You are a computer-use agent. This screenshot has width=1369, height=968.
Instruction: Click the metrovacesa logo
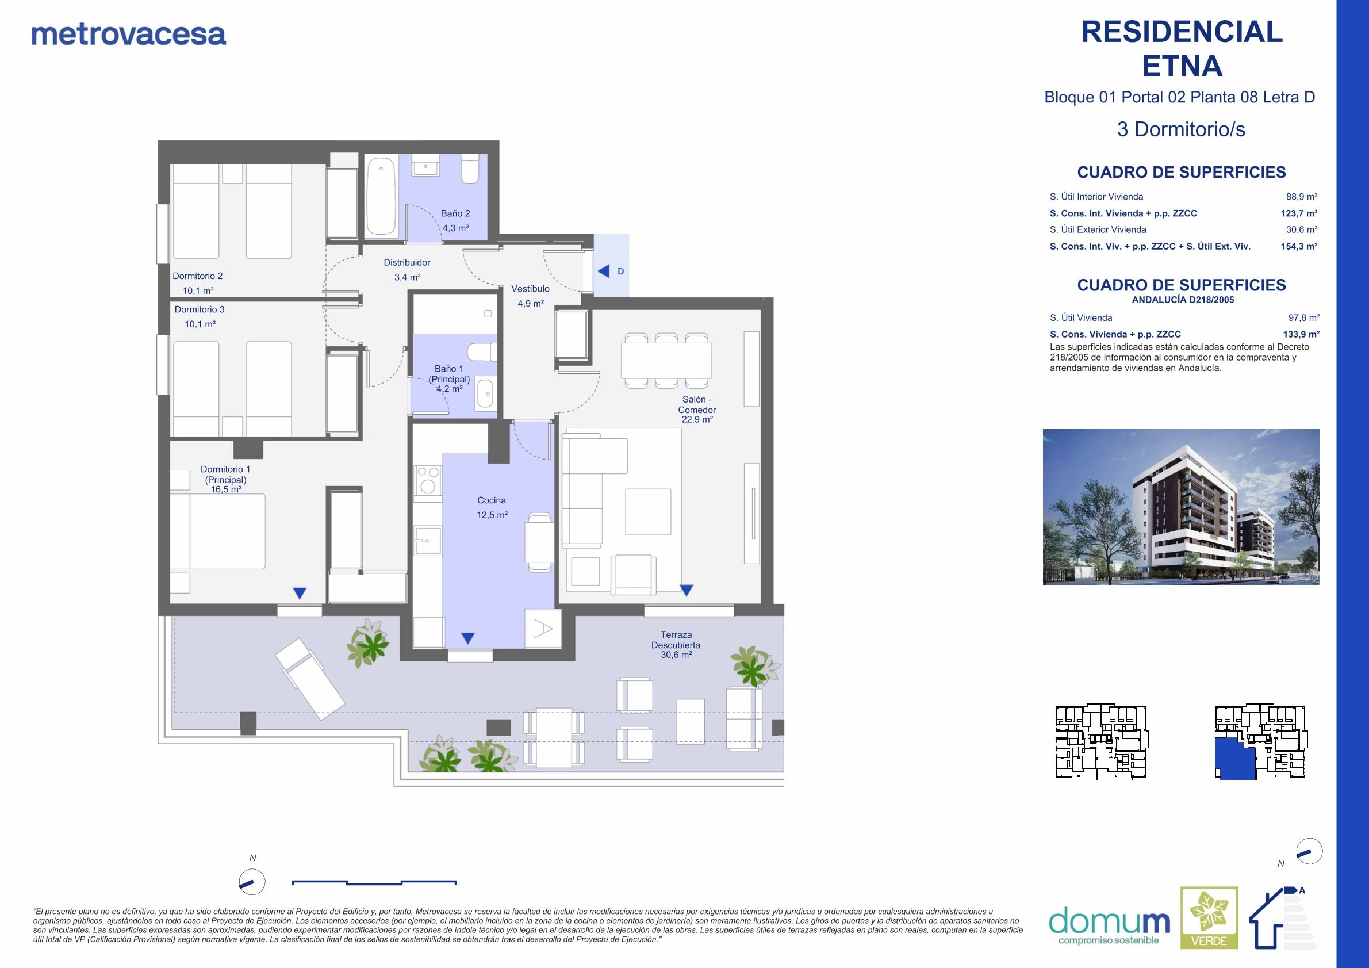(x=129, y=35)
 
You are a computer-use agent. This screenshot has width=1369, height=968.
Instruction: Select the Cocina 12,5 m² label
(x=492, y=507)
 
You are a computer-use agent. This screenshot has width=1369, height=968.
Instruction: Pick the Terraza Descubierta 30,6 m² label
(x=676, y=645)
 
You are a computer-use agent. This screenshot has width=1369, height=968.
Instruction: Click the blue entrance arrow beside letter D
(x=603, y=271)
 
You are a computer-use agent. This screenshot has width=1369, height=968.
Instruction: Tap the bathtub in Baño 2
(x=381, y=196)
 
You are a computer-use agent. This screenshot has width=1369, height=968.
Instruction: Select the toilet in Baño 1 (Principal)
(x=481, y=352)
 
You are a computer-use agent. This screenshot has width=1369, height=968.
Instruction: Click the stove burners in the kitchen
(x=428, y=480)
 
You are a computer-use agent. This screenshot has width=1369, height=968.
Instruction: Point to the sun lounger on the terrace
(x=310, y=679)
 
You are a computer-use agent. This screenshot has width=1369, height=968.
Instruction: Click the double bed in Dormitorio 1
(x=218, y=531)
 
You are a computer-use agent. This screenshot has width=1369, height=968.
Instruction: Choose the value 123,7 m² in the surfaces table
(x=1299, y=213)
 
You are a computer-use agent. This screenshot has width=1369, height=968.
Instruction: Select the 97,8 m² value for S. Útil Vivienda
(x=1304, y=318)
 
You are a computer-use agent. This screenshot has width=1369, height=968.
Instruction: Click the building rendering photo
(x=1181, y=507)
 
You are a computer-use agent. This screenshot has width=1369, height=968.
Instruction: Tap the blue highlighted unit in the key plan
(x=1235, y=758)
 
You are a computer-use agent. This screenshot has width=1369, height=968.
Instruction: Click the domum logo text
(x=1109, y=921)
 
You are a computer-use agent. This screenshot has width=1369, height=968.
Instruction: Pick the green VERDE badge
(x=1209, y=918)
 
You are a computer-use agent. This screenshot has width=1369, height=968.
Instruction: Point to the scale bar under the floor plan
(x=374, y=882)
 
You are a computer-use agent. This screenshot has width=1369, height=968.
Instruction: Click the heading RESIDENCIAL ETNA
(x=1182, y=49)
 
